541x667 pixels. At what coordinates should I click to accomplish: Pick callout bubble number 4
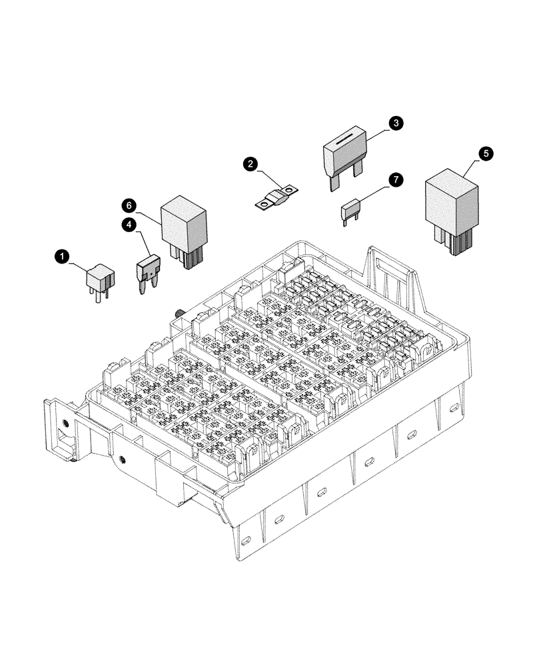pos(129,224)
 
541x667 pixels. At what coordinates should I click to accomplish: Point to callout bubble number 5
pos(486,153)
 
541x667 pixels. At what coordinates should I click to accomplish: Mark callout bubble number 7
pos(396,180)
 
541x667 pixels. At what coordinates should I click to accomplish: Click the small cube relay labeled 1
pos(99,275)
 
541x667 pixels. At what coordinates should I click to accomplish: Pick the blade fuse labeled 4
pos(147,269)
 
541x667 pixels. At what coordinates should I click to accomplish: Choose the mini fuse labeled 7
pos(351,209)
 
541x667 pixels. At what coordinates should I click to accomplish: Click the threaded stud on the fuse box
pos(180,313)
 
